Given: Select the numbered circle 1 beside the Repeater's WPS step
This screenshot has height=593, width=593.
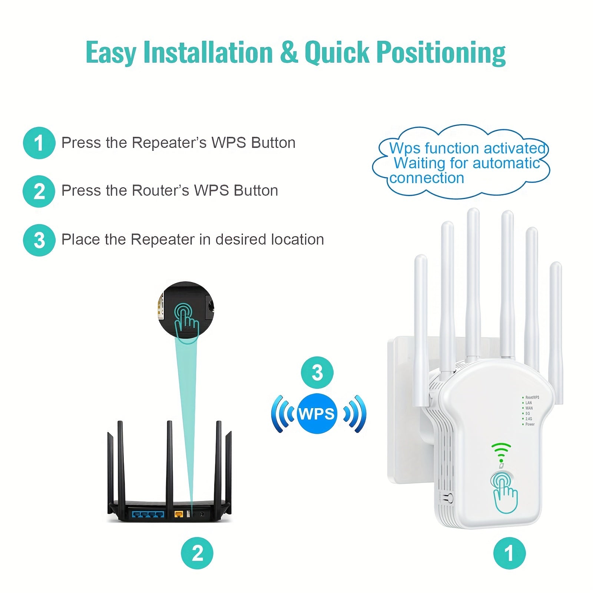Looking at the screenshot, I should (x=39, y=143).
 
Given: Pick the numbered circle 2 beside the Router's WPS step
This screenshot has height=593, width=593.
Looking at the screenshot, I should (x=39, y=191).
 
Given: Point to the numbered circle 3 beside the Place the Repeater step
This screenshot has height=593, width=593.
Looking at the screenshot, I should (x=39, y=240).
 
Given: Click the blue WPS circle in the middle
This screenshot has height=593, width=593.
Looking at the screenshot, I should (x=317, y=414).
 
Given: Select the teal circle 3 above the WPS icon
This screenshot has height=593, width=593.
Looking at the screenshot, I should (x=317, y=372).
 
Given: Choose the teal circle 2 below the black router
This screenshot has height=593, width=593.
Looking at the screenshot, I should (x=197, y=553).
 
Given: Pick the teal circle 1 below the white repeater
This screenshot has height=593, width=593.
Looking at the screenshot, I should (x=509, y=553).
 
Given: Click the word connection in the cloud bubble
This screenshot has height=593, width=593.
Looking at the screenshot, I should (x=427, y=178).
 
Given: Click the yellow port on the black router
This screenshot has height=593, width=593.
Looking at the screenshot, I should (x=179, y=514).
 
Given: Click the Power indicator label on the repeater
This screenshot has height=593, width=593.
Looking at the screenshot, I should (x=530, y=424).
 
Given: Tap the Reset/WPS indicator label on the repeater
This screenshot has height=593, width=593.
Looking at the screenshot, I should (x=532, y=397).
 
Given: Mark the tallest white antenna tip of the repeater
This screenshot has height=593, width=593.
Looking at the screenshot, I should (x=473, y=212).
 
